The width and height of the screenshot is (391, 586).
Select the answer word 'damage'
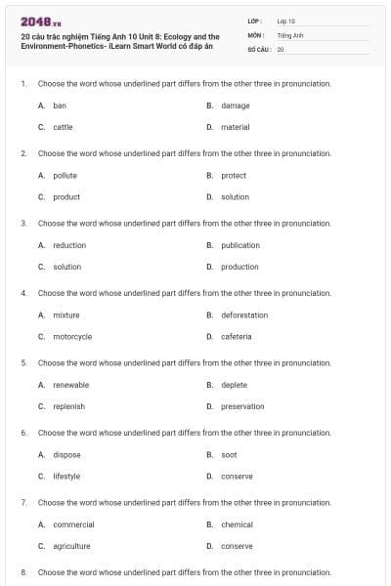click(x=236, y=105)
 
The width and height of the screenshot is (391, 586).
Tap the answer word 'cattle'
click(x=63, y=127)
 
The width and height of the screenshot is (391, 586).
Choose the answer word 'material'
click(x=236, y=127)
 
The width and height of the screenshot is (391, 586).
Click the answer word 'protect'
click(x=234, y=176)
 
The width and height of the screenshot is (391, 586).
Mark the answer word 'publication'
click(x=240, y=245)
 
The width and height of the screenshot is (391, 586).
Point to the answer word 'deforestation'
click(x=244, y=315)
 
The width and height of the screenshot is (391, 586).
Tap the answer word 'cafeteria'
click(x=237, y=336)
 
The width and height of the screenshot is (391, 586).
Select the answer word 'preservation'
click(x=242, y=406)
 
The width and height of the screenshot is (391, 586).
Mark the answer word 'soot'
click(x=229, y=455)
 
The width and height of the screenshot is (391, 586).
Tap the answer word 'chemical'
click(x=237, y=524)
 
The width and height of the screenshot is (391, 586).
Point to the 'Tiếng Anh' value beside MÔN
click(x=290, y=34)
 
